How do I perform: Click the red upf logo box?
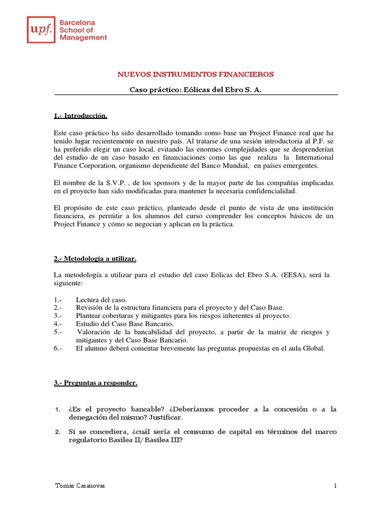41,30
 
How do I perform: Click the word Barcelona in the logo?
78,23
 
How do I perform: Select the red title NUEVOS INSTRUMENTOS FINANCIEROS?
196,74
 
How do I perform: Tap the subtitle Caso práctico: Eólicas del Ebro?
196,90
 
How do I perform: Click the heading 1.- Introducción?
81,116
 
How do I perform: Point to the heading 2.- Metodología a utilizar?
95,259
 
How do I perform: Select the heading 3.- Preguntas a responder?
95,383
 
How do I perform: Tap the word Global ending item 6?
313,348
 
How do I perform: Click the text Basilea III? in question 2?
162,440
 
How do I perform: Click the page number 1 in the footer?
334,485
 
